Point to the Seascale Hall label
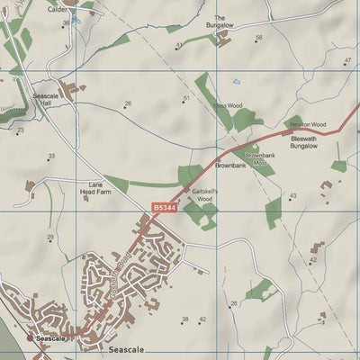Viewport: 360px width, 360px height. point(46,97)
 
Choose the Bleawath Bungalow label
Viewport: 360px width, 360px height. point(304,141)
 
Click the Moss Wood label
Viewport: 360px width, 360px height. point(228,105)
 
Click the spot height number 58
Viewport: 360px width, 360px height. point(259,38)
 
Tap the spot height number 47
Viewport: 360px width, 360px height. point(347,60)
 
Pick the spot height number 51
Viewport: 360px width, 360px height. point(186,98)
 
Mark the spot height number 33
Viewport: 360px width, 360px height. point(51,156)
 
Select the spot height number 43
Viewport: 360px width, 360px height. point(292,195)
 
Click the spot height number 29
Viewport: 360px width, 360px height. point(50,238)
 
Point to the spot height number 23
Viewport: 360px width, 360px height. point(21,130)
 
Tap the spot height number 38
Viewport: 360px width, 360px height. point(184,319)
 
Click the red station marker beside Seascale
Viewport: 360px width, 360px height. point(31,338)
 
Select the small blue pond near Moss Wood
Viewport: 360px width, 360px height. point(237,81)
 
